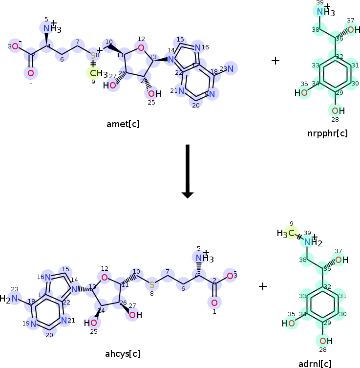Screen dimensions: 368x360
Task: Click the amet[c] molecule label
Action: (x=123, y=124)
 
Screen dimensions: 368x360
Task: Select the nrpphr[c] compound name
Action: (x=328, y=133)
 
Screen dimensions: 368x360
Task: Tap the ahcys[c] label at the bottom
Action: (x=122, y=353)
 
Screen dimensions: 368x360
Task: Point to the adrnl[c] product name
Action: (x=315, y=364)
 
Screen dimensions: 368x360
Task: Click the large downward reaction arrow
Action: (x=188, y=171)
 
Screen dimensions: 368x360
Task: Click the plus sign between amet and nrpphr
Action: (x=275, y=61)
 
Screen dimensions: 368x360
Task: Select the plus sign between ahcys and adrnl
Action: (x=263, y=286)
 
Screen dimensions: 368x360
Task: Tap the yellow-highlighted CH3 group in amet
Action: (x=95, y=73)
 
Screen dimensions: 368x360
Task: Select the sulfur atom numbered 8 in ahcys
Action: (x=152, y=284)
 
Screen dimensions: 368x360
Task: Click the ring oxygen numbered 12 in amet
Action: (x=141, y=47)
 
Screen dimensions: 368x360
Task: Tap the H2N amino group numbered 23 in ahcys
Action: (x=11, y=299)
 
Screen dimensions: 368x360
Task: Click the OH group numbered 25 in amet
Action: (x=152, y=94)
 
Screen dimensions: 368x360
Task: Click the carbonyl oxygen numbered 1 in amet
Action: (x=30, y=73)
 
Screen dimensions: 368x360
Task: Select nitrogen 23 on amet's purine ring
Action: (x=231, y=68)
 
